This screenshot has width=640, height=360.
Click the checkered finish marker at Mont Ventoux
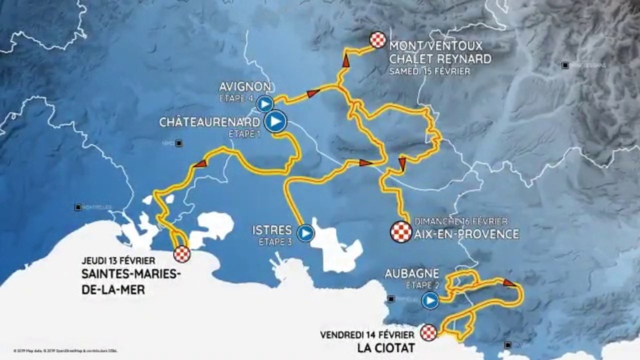pyautogui.click(x=378, y=39)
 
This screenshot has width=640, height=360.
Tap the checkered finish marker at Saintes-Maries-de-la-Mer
pyautogui.click(x=181, y=254)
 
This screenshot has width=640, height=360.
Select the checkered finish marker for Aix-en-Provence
pyautogui.click(x=401, y=232)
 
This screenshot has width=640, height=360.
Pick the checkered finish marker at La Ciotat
pyautogui.click(x=428, y=332)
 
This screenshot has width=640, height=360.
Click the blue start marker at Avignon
pyautogui.click(x=265, y=104)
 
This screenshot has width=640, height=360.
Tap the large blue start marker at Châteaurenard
pyautogui.click(x=275, y=121)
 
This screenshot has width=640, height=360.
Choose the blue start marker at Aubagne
pyautogui.click(x=429, y=301)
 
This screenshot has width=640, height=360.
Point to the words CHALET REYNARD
pyautogui.click(x=440, y=59)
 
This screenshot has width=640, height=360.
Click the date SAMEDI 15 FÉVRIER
pyautogui.click(x=429, y=71)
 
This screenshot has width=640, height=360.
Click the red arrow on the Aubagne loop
pyautogui.click(x=509, y=283)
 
